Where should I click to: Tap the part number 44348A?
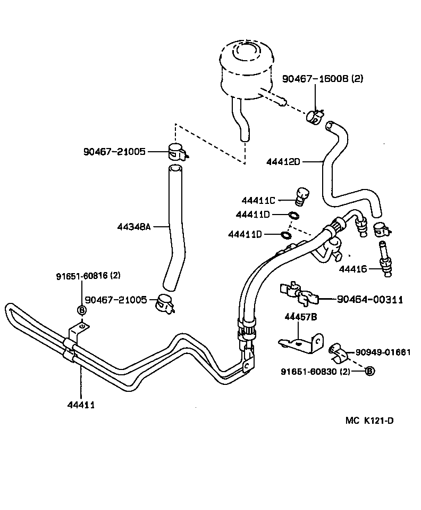pyautogui.click(x=134, y=227)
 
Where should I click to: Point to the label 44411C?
pyautogui.click(x=258, y=201)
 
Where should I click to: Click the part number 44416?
pyautogui.click(x=353, y=270)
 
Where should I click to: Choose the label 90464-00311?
pyautogui.click(x=369, y=300)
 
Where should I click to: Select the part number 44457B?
pyautogui.click(x=300, y=317)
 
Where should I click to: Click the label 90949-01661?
pyautogui.click(x=383, y=352)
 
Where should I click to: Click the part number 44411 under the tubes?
pyautogui.click(x=81, y=405)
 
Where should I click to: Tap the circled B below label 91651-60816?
pyautogui.click(x=82, y=310)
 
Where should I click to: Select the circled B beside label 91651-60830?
pyautogui.click(x=370, y=371)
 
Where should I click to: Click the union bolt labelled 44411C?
pyautogui.click(x=302, y=197)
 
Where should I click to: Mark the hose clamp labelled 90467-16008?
pyautogui.click(x=316, y=116)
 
